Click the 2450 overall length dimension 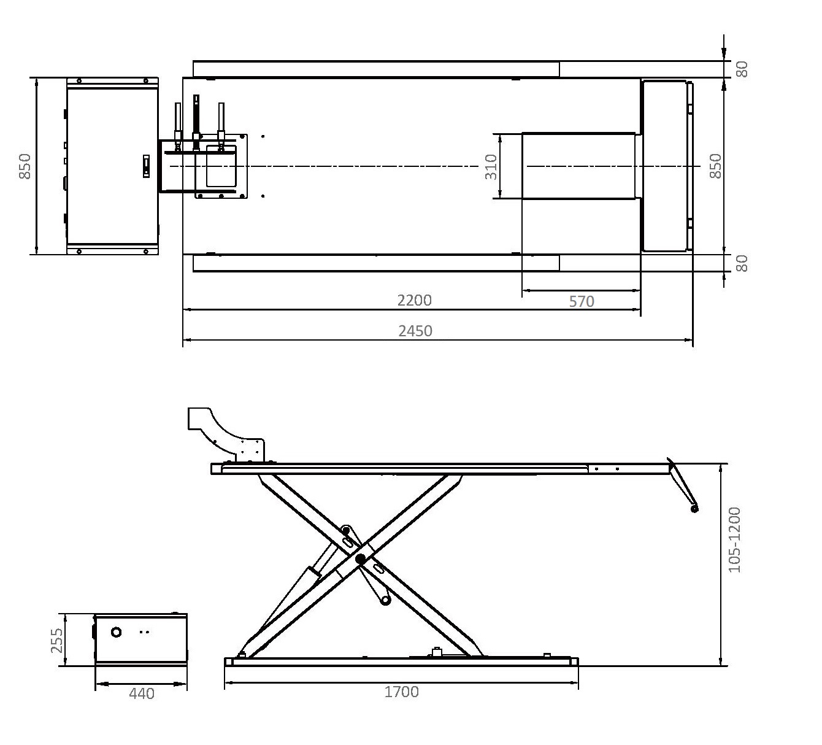coord(415,331)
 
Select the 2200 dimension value coord(414,301)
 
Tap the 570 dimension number coord(582,302)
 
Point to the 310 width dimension coord(491,167)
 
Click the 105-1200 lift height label coord(734,540)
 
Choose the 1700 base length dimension coord(401,692)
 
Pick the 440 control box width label coord(141,693)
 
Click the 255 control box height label coord(57,641)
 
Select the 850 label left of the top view coord(25,166)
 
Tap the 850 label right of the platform coord(715,166)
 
